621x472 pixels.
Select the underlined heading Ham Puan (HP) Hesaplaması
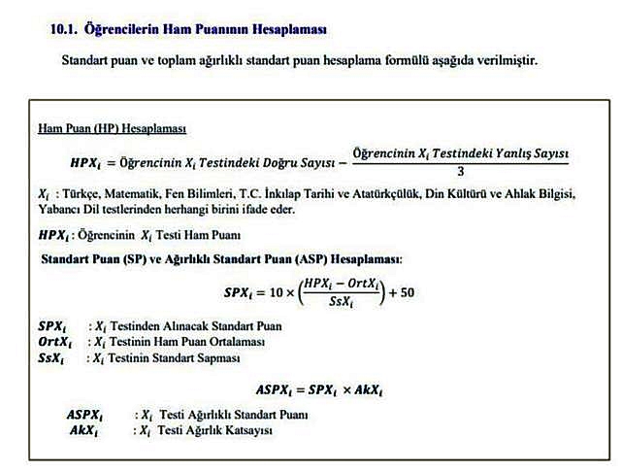tap(112, 128)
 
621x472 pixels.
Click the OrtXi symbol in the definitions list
tap(54, 342)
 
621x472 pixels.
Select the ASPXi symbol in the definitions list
tap(90, 416)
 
